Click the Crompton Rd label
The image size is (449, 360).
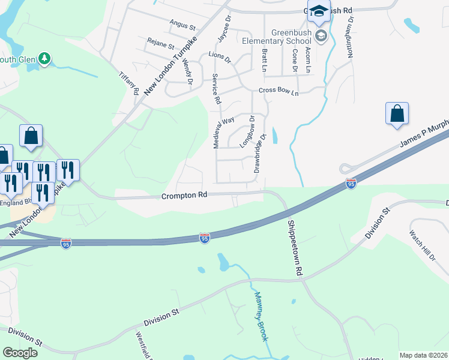(x=184, y=196)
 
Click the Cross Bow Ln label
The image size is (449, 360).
(x=278, y=91)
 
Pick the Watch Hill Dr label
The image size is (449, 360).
(x=422, y=245)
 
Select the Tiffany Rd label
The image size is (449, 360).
(x=128, y=83)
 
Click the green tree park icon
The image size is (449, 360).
(x=44, y=58)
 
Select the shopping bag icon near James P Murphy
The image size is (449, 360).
(x=397, y=113)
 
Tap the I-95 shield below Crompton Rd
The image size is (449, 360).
(x=205, y=239)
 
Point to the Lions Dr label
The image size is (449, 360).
(x=220, y=58)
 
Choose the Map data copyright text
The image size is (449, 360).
(x=423, y=355)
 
